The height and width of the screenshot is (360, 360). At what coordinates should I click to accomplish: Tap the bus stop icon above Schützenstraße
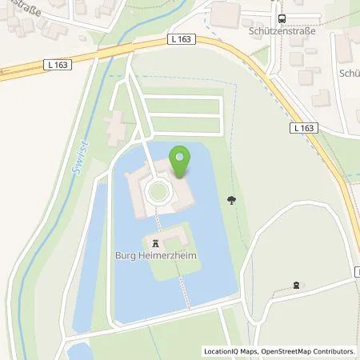[x=281, y=19]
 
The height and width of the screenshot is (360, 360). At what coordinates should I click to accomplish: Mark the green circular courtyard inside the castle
[x=157, y=190]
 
